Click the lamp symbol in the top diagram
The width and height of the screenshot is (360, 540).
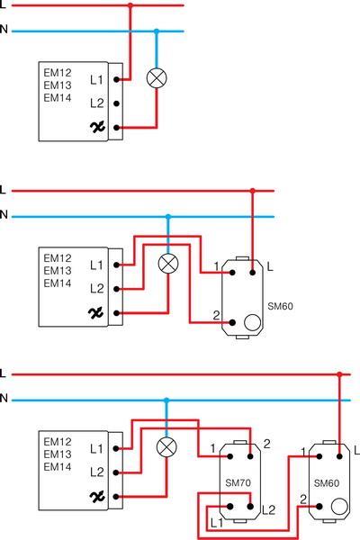coord(157,78)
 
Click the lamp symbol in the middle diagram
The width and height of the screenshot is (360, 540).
coord(167,264)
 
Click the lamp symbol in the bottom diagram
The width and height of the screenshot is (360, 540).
coord(166,447)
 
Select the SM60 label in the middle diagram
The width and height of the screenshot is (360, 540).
coord(281,306)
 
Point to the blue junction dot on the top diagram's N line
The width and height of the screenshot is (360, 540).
coord(157,31)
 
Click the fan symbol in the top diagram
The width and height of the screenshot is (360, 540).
coord(97,128)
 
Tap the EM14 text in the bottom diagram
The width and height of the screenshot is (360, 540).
coord(57,467)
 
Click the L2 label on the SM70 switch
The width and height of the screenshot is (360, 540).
coord(267,510)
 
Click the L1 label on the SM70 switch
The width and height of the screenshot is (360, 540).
coord(216,522)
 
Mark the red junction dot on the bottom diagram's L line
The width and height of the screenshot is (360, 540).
coord(339,373)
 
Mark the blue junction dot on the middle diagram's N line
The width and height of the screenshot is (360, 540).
coord(167,216)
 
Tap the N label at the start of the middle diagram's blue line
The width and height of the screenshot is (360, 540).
coord(4,215)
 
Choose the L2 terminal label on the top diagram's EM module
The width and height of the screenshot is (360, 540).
coord(97,103)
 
